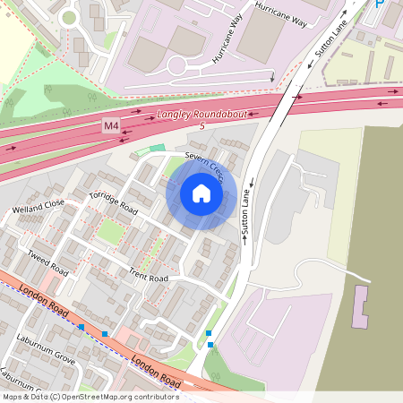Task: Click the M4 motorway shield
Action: click(x=111, y=126)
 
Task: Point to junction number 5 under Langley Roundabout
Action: click(x=202, y=126)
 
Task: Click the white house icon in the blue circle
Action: click(x=201, y=193)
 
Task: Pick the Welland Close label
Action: click(x=39, y=208)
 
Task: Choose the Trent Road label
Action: click(x=148, y=274)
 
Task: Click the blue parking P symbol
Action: click(x=379, y=4)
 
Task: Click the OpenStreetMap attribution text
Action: click(x=90, y=396)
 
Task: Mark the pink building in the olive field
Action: click(x=362, y=305)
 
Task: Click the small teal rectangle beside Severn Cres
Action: click(x=158, y=148)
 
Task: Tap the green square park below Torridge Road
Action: click(x=110, y=232)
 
